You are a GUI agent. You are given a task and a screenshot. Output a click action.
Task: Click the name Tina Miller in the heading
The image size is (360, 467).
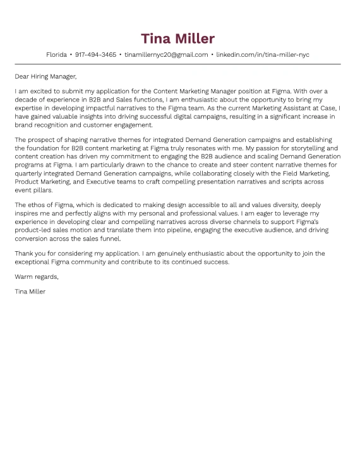point(177,38)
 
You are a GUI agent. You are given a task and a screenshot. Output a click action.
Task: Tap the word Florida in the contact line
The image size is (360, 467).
point(56,55)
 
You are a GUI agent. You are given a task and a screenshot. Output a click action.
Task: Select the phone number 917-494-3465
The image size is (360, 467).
point(95,55)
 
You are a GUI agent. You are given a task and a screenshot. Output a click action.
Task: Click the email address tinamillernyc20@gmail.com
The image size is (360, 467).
point(166,55)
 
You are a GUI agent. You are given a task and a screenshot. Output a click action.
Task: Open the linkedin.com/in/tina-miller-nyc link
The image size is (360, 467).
point(263,55)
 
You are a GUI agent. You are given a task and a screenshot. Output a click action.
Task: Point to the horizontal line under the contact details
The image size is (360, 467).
point(177,64)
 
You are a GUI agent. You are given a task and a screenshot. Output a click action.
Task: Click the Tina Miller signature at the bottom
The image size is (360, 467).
point(30,292)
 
